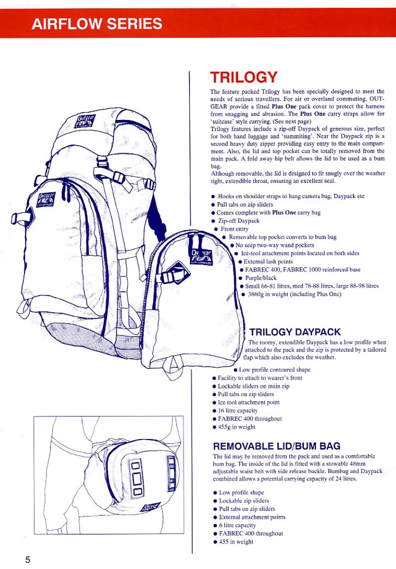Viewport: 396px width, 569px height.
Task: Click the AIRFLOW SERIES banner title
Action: point(97,23)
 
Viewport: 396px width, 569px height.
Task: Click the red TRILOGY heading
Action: point(244,77)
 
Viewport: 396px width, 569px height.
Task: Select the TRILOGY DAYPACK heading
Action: point(295,332)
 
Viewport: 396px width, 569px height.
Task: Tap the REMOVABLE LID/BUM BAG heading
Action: point(277,446)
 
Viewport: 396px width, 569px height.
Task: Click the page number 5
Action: point(28,559)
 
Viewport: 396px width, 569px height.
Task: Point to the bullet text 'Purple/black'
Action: point(260,278)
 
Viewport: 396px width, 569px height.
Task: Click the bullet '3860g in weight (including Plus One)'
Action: point(294,295)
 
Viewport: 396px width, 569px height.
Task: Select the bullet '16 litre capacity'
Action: point(238,411)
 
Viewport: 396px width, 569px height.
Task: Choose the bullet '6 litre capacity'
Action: point(237,525)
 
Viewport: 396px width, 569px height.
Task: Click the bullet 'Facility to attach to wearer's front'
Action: point(260,378)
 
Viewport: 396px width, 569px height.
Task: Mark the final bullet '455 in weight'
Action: point(236,542)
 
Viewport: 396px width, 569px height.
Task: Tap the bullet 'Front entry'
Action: point(234,229)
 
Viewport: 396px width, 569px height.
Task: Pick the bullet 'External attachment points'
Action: point(252,517)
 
